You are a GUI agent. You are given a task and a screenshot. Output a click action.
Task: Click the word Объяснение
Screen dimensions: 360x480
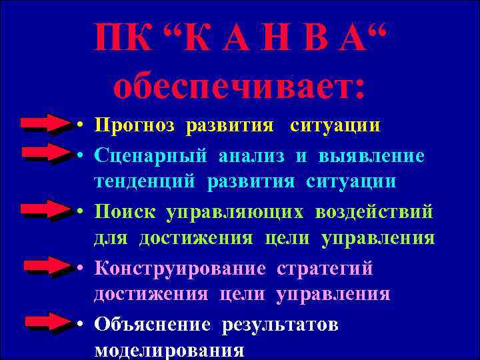pyautogui.click(x=153, y=325)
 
